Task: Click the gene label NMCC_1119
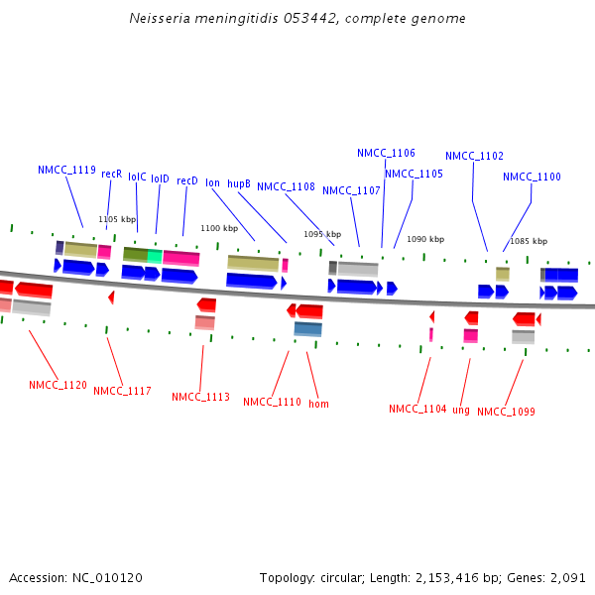(66, 170)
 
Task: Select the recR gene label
(111, 174)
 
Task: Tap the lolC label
(137, 177)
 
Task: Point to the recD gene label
(187, 180)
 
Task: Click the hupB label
(239, 183)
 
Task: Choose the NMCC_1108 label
(286, 186)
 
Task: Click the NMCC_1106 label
(386, 153)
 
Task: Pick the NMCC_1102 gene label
(474, 156)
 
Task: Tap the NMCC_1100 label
(532, 177)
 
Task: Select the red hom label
(318, 404)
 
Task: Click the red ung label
(461, 410)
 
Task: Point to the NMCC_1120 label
(58, 385)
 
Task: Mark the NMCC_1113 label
(200, 397)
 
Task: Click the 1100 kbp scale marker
(219, 228)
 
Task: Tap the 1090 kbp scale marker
(425, 239)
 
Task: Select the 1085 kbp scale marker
(529, 241)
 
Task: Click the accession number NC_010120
(99, 577)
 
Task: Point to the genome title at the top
(297, 19)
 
